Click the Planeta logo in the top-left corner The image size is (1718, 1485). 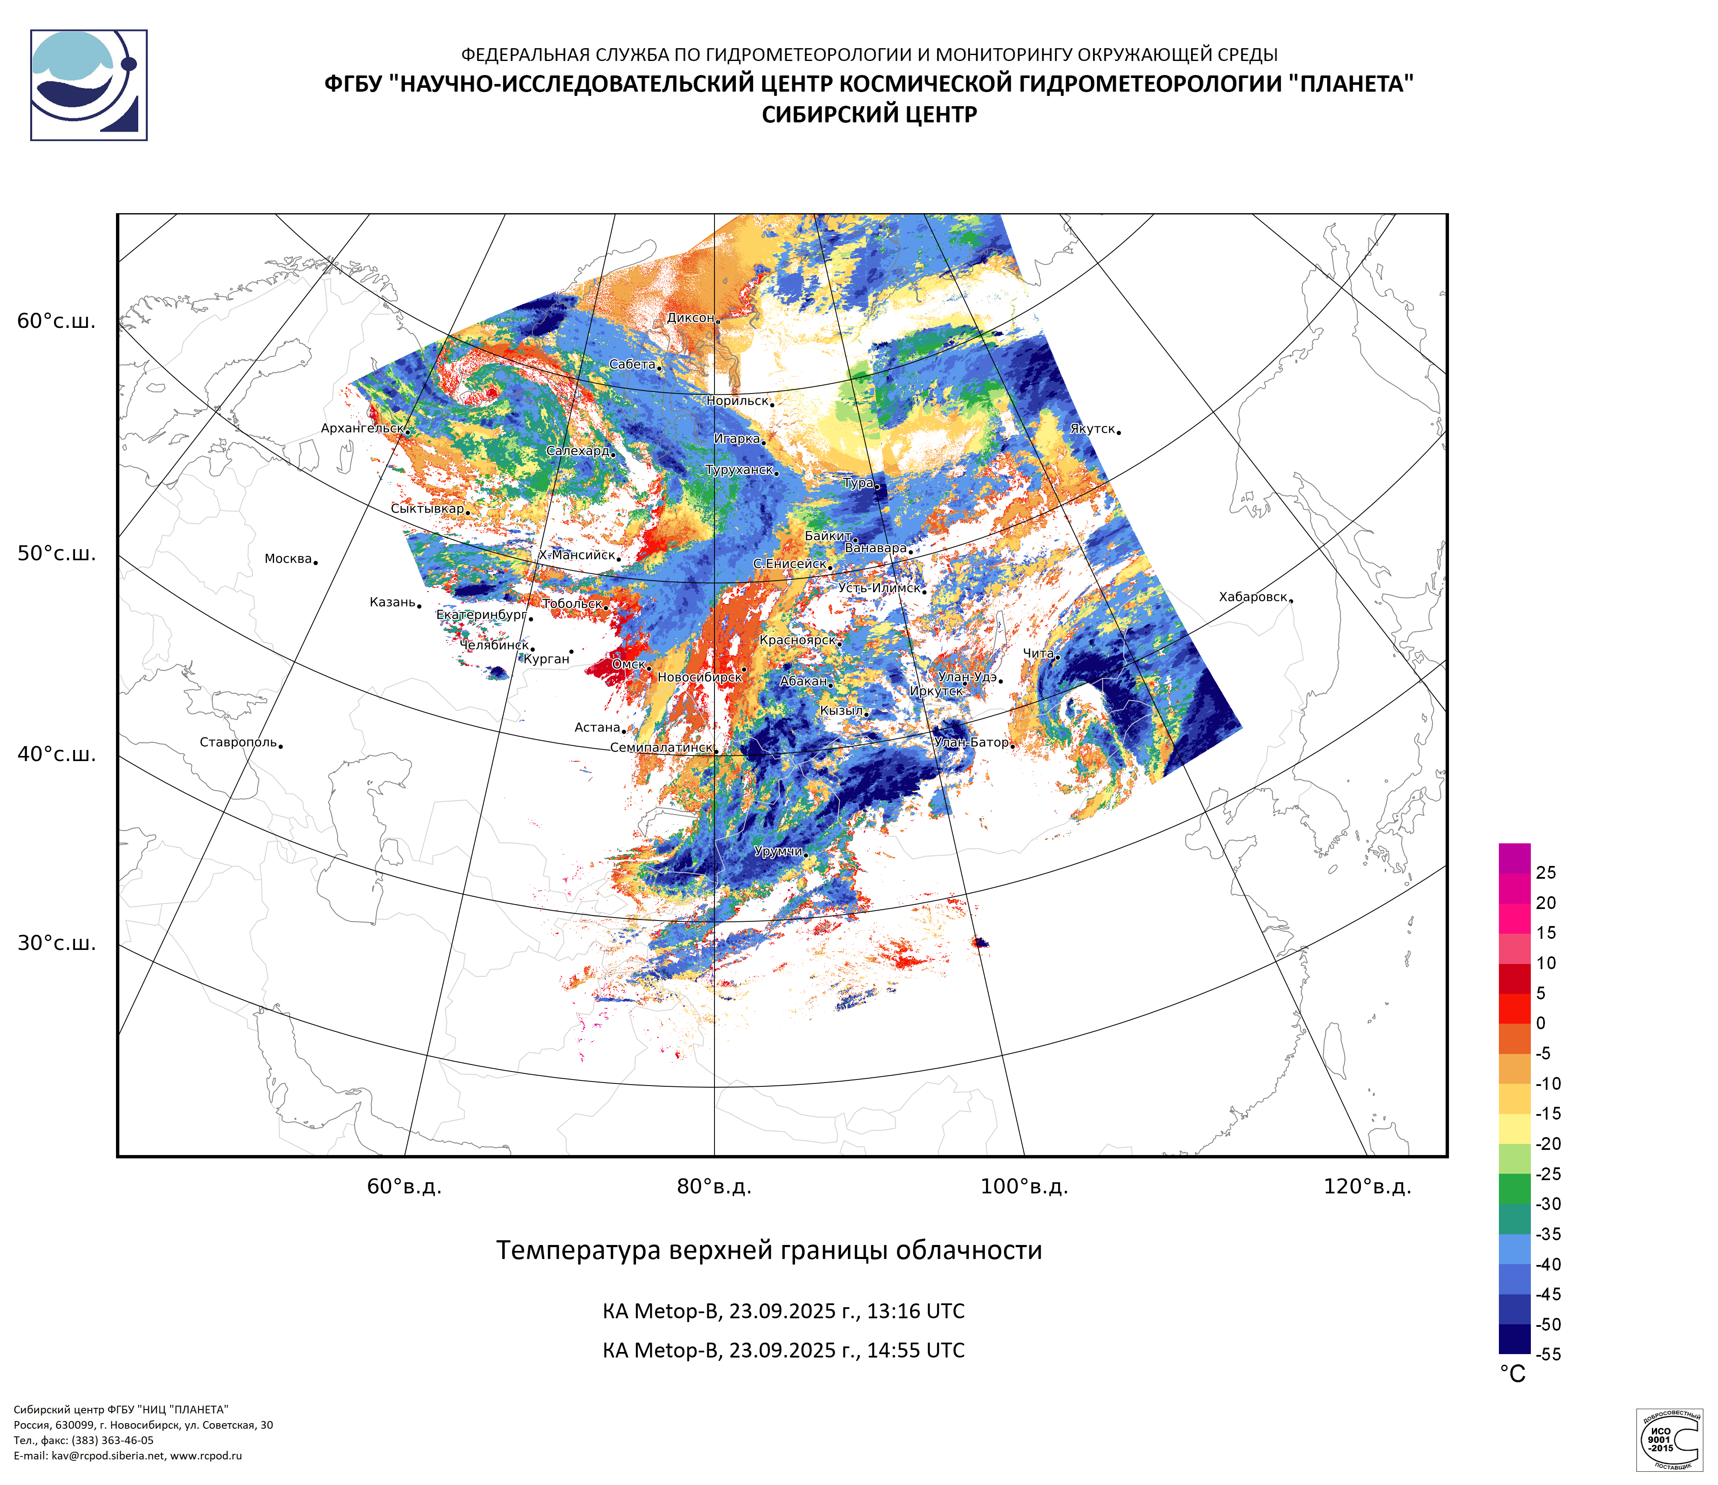pyautogui.click(x=89, y=85)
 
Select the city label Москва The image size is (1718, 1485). pyautogui.click(x=288, y=559)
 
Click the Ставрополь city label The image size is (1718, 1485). pyautogui.click(x=238, y=742)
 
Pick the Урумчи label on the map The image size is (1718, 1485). pyautogui.click(x=778, y=851)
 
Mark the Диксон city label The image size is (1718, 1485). pyautogui.click(x=690, y=318)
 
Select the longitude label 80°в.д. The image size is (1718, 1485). pyautogui.click(x=714, y=1187)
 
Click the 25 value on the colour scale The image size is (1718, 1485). pyautogui.click(x=1545, y=872)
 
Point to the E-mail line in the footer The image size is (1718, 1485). pyautogui.click(x=128, y=1455)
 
